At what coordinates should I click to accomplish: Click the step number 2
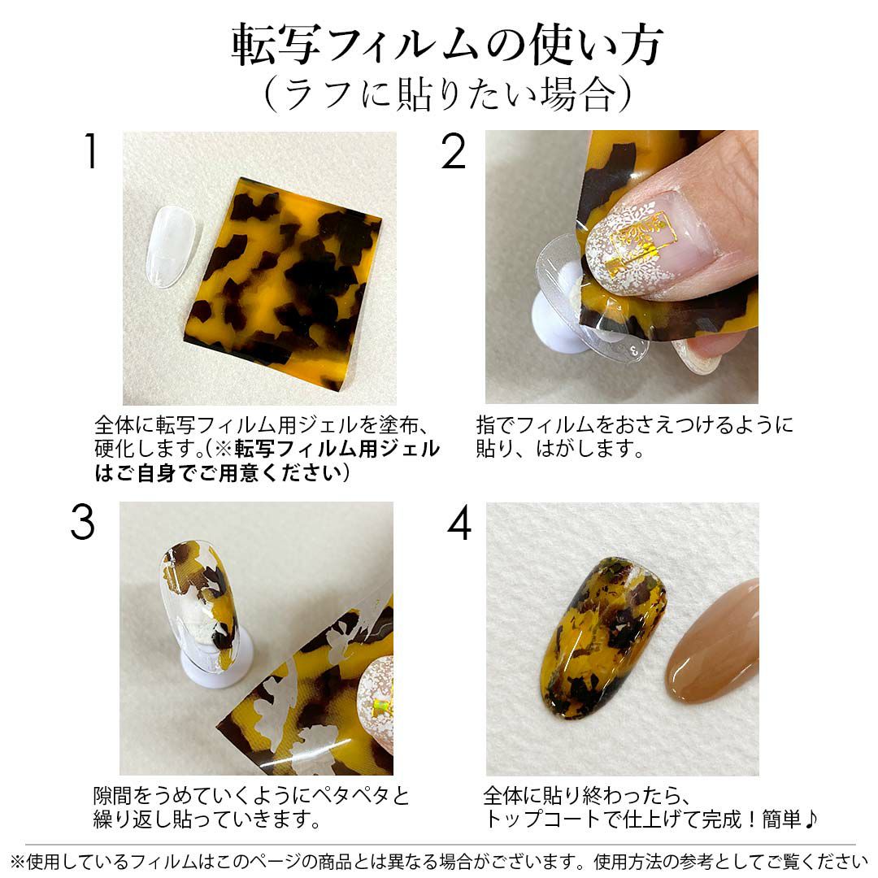tap(453, 151)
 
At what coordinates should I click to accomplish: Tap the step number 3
tap(82, 523)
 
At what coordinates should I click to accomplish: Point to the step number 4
tap(459, 523)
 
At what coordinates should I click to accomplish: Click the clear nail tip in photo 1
tap(172, 246)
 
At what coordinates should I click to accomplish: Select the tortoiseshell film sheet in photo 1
tap(284, 284)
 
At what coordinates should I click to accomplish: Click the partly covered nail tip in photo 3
tap(199, 605)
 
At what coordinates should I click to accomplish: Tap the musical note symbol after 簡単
tap(811, 819)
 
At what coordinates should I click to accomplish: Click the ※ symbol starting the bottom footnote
tap(18, 861)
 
